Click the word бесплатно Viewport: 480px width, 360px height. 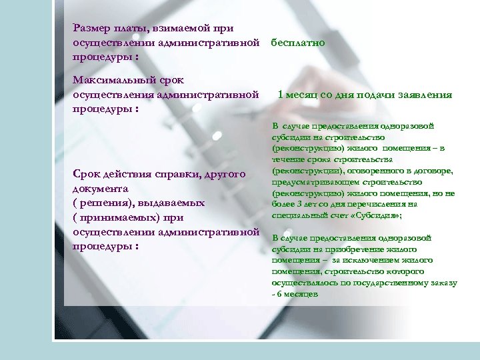point(298,43)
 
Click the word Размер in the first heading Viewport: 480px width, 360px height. point(91,28)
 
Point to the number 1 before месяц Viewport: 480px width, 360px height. point(280,95)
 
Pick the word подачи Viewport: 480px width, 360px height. point(375,95)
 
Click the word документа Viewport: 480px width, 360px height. point(100,189)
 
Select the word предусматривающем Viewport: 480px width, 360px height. point(310,182)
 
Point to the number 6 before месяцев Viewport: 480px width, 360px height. point(279,294)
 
